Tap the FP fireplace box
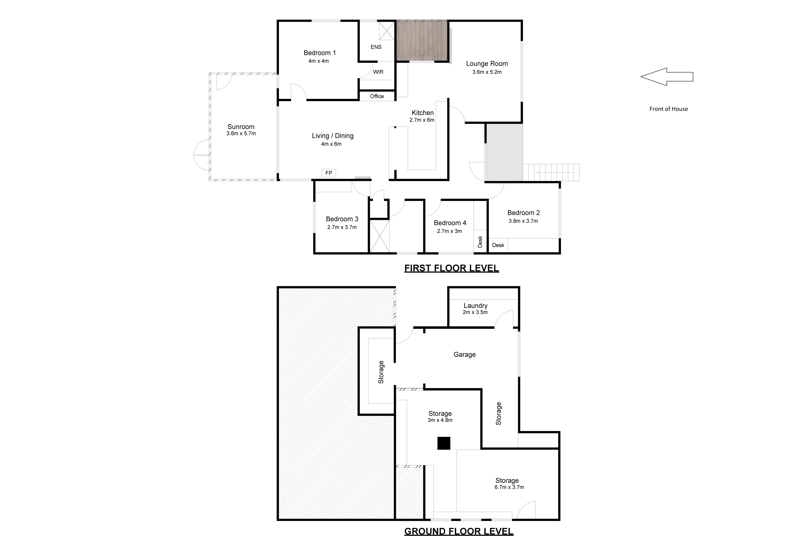329,173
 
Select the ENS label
376,47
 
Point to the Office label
377,96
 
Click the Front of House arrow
667,77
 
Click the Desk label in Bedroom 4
480,242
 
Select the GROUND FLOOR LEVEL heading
459,531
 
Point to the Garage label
464,354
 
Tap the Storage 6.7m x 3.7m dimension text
509,487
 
